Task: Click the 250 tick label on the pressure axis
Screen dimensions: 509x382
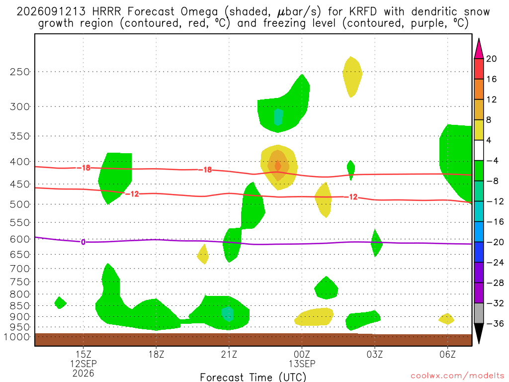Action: (x=19, y=72)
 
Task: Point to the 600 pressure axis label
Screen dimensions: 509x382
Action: (x=19, y=239)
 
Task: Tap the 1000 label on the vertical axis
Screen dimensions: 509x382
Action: (x=17, y=337)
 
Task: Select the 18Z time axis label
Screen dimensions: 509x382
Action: (x=156, y=354)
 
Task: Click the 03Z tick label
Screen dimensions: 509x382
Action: (x=375, y=354)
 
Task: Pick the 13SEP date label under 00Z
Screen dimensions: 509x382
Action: (x=302, y=364)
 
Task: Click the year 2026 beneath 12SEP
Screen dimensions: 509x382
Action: (x=84, y=374)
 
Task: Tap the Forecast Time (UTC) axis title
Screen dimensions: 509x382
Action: (x=253, y=377)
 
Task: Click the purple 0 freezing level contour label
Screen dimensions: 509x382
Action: (x=83, y=242)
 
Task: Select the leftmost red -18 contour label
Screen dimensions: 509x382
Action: (x=84, y=168)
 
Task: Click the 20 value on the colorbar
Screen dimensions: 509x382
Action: (x=492, y=59)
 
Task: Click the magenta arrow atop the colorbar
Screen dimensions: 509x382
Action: (x=479, y=48)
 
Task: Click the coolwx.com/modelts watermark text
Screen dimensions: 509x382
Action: (x=457, y=376)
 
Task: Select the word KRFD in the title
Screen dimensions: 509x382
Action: (x=363, y=12)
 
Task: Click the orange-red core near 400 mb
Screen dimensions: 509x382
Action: (x=278, y=166)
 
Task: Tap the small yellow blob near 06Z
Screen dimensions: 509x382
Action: (x=447, y=319)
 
